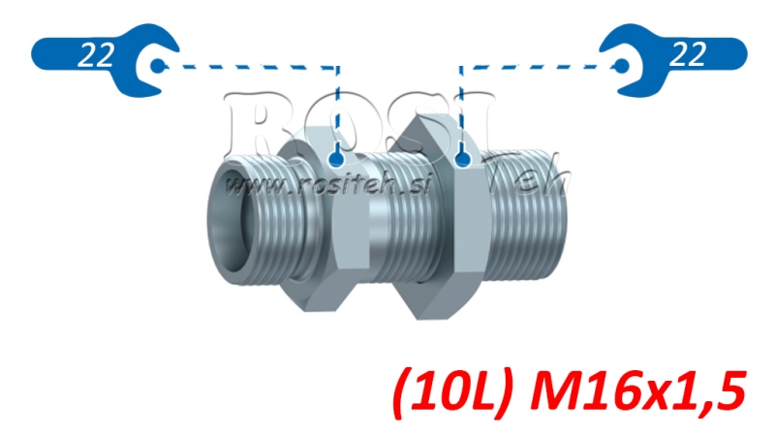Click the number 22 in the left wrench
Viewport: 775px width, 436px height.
click(x=94, y=55)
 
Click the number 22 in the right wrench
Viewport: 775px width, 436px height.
click(x=686, y=55)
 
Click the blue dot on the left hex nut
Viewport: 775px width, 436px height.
click(x=337, y=157)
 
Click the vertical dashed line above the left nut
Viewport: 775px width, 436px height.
click(x=337, y=107)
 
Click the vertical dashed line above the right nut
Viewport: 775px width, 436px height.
click(x=461, y=107)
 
